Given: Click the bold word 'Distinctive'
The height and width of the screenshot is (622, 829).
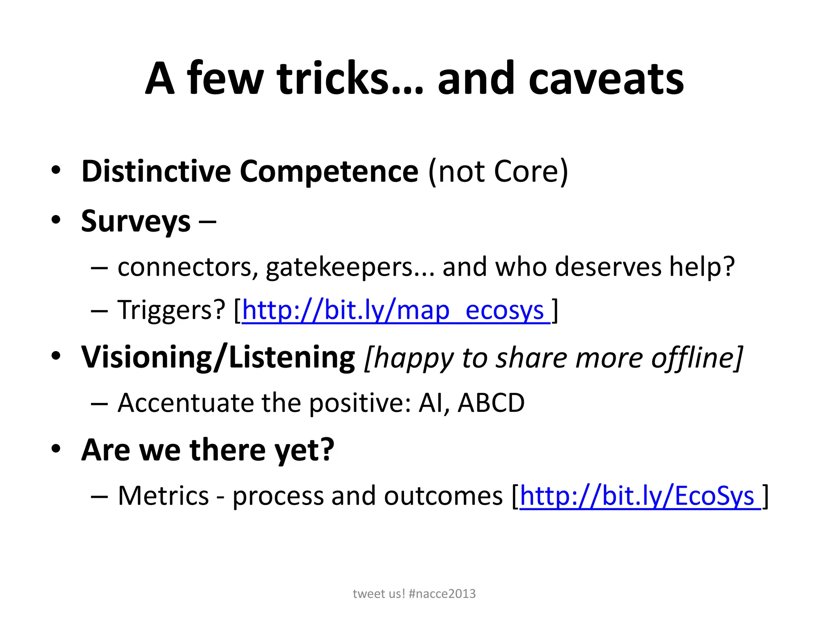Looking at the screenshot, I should (156, 171).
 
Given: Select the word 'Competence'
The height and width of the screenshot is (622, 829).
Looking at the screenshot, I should (329, 172).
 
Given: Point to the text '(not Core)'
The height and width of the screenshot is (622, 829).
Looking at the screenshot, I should (498, 172).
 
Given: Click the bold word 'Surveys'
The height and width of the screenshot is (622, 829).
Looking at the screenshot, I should (136, 222).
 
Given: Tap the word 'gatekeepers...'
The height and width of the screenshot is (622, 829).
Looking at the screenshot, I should (350, 268).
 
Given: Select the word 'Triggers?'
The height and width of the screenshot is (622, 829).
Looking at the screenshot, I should (171, 311).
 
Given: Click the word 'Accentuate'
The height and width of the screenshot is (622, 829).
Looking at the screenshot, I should (185, 403).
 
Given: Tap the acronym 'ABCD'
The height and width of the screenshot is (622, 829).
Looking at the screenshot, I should (491, 403).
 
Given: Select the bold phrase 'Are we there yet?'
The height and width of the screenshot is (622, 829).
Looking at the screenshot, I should (208, 450).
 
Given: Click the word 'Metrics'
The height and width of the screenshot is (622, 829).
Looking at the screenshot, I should (163, 496).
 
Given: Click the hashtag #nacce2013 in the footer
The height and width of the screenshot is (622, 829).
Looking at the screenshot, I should (442, 594).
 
